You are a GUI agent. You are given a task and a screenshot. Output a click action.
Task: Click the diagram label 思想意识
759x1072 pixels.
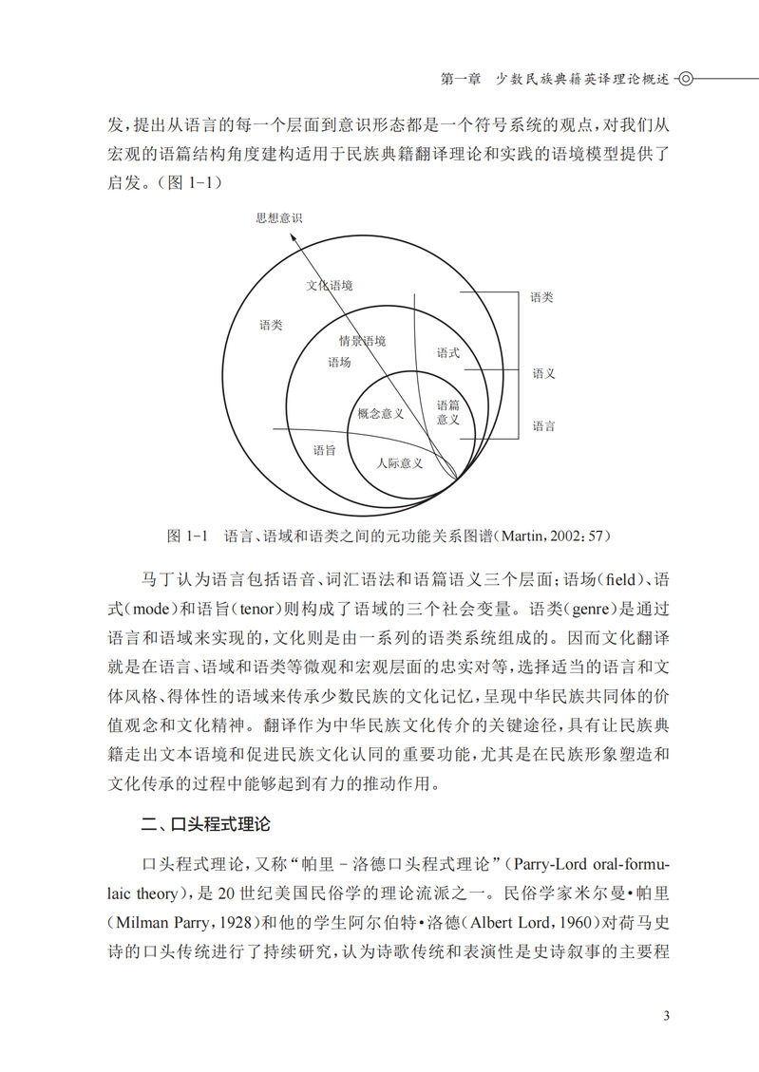click(278, 217)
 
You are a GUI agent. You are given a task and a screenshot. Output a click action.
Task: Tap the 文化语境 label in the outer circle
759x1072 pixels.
click(330, 285)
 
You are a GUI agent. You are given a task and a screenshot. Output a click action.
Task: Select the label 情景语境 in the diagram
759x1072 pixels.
click(362, 341)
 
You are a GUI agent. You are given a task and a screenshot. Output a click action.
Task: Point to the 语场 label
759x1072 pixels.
click(339, 362)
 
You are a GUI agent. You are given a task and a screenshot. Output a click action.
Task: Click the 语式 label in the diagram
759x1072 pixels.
click(447, 353)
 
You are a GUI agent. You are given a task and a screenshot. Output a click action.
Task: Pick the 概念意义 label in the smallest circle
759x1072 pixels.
click(381, 413)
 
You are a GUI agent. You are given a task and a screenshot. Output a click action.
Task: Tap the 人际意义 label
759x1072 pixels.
click(399, 463)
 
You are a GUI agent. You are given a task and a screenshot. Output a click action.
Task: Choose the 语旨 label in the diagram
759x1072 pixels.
click(324, 451)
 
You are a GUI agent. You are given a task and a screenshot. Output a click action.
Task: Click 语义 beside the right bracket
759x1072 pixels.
click(543, 374)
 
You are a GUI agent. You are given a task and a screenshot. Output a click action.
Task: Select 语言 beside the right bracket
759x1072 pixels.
click(543, 427)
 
